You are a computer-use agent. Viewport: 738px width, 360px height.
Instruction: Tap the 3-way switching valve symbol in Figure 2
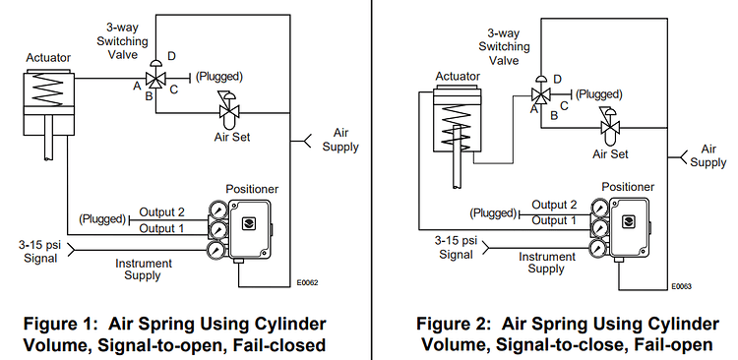[x=539, y=94]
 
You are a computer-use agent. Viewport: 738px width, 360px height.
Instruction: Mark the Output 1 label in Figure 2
[x=554, y=219]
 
